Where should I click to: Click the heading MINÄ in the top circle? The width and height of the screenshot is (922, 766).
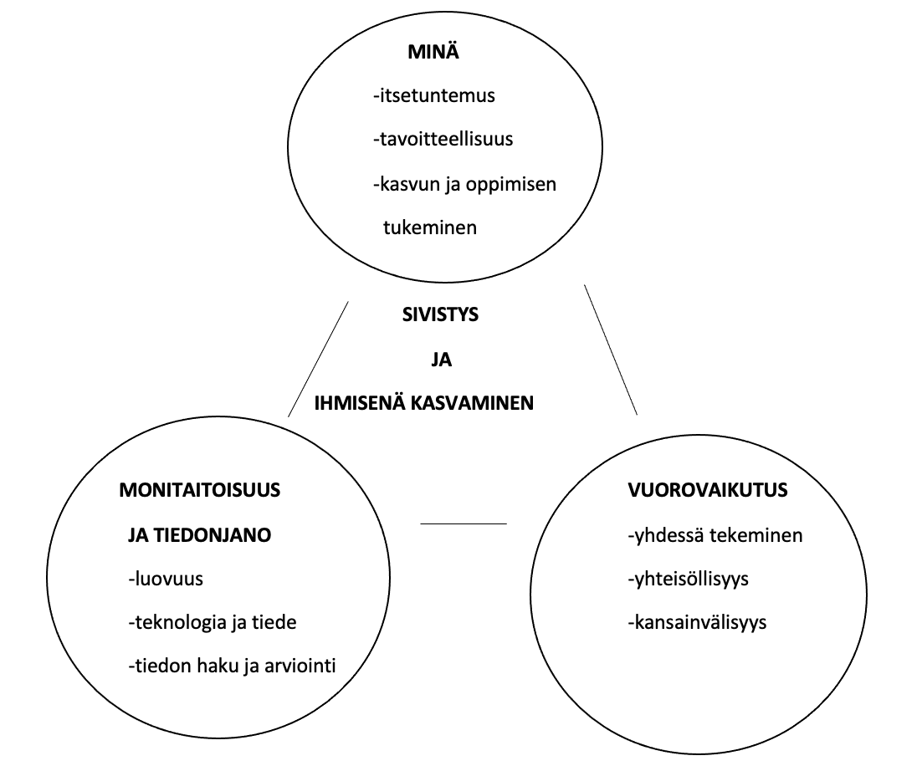click(433, 52)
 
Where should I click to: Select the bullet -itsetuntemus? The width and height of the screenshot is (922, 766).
click(434, 95)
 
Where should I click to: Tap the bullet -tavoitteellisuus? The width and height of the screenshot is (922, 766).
click(443, 139)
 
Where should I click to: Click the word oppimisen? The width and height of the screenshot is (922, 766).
click(511, 185)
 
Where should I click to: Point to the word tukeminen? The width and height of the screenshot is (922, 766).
click(430, 227)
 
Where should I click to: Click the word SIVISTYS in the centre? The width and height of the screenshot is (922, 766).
click(440, 314)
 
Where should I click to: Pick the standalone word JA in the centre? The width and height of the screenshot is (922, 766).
click(441, 360)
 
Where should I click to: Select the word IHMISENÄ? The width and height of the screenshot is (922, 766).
click(360, 403)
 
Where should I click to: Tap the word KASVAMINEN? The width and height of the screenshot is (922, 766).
click(472, 403)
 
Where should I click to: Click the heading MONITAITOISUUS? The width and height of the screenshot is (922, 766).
click(200, 490)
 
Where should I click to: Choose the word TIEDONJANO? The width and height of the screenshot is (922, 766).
click(212, 535)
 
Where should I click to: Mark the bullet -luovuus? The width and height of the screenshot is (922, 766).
click(166, 579)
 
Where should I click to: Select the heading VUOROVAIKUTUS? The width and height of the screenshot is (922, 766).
click(707, 490)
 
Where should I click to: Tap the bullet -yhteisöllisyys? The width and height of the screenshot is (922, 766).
click(688, 580)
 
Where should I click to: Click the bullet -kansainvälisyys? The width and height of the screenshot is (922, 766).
click(697, 622)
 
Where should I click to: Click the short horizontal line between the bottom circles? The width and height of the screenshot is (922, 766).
click(464, 523)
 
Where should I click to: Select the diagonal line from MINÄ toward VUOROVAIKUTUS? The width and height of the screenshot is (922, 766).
click(611, 350)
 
